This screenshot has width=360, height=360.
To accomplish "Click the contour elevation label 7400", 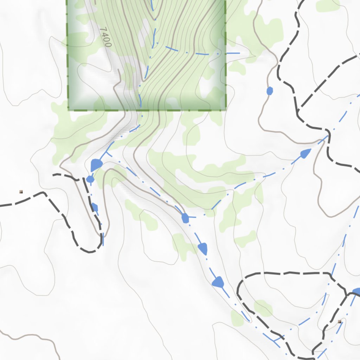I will pos(105,37).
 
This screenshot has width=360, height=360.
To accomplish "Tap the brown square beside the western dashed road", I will pos(21,192).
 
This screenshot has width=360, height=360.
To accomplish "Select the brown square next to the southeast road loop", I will pos(339,321).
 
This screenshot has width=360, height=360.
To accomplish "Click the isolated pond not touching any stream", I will pos(270,91).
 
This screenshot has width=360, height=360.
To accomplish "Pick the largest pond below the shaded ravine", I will pos(96,165).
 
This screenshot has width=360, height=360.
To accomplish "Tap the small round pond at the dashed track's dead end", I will pos(90,179).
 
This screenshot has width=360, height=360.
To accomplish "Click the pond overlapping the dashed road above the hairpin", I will pos(94,206).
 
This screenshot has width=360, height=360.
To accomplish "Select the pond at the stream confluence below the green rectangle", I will pos(185,218).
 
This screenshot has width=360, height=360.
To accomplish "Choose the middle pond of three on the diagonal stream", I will pos(203,249).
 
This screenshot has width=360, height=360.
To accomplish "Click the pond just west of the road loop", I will pos(218,282).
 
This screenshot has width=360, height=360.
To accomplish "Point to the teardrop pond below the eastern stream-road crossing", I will pos(306,153).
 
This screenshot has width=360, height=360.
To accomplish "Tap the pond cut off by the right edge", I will pos(356,291).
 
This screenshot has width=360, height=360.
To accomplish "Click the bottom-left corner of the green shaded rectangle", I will pos(69,110).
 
